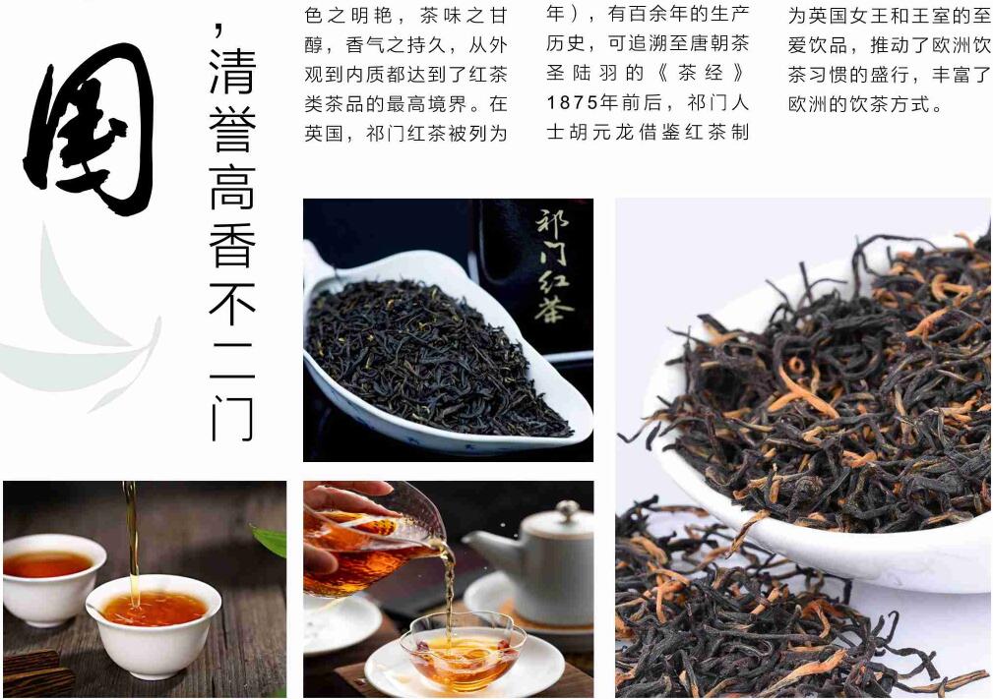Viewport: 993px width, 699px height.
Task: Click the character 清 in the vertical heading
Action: tap(232, 71)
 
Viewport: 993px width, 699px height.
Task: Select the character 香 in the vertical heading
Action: tap(232, 245)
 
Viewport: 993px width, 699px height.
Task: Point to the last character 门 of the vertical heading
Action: tap(232, 418)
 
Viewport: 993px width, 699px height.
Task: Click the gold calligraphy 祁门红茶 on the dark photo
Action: tap(553, 265)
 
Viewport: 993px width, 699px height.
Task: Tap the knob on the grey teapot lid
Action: tap(568, 509)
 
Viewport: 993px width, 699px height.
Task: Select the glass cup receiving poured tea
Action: tap(463, 652)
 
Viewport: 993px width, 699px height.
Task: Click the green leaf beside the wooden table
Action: tap(270, 541)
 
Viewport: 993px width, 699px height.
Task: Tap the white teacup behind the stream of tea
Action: tap(53, 580)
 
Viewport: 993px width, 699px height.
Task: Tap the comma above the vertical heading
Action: tap(217, 29)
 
